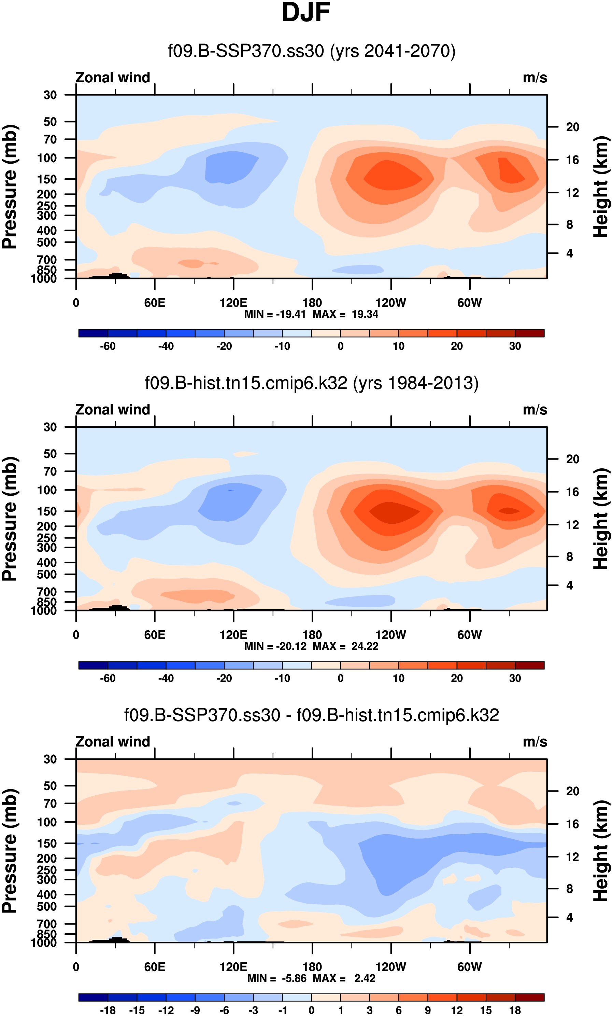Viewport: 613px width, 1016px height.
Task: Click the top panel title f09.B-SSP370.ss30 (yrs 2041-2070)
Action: [x=311, y=51]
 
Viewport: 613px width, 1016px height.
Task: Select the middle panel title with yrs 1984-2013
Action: [x=311, y=383]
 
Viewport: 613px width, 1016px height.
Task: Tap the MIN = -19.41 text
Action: [x=275, y=314]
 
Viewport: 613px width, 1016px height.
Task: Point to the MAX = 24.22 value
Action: [x=346, y=646]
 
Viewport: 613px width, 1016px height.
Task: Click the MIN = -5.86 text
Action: [x=277, y=978]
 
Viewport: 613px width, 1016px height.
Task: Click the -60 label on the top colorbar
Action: [x=108, y=346]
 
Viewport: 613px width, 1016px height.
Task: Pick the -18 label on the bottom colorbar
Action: [x=108, y=1010]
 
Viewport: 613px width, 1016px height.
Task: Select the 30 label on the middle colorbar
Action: [x=515, y=678]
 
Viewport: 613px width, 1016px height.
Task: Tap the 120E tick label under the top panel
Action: [x=233, y=303]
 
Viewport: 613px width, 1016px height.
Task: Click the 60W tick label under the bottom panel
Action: [x=470, y=967]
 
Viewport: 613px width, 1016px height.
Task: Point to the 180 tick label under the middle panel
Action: [x=312, y=635]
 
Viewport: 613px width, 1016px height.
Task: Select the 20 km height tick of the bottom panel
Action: [x=572, y=791]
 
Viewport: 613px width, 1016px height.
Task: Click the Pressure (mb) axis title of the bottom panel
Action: [x=10, y=851]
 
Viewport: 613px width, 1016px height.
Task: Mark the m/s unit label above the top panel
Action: [x=535, y=78]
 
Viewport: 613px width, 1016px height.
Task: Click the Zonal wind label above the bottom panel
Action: [x=113, y=742]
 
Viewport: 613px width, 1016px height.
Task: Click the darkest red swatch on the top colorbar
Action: [x=529, y=333]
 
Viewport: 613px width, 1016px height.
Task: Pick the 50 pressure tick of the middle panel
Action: [x=50, y=454]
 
